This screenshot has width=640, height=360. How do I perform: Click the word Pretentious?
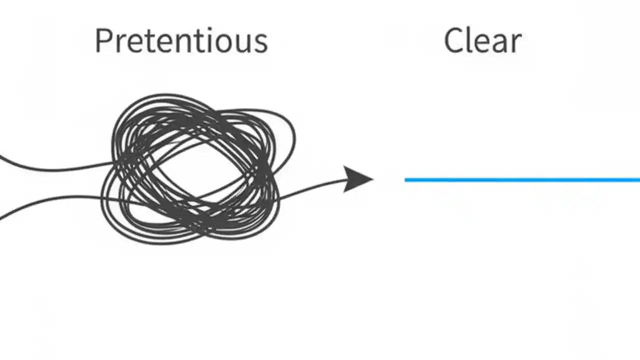(x=181, y=41)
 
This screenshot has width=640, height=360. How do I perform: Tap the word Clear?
(x=482, y=41)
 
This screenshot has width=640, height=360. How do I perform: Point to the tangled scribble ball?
(x=195, y=167)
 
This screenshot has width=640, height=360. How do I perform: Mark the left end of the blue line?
(x=406, y=179)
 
